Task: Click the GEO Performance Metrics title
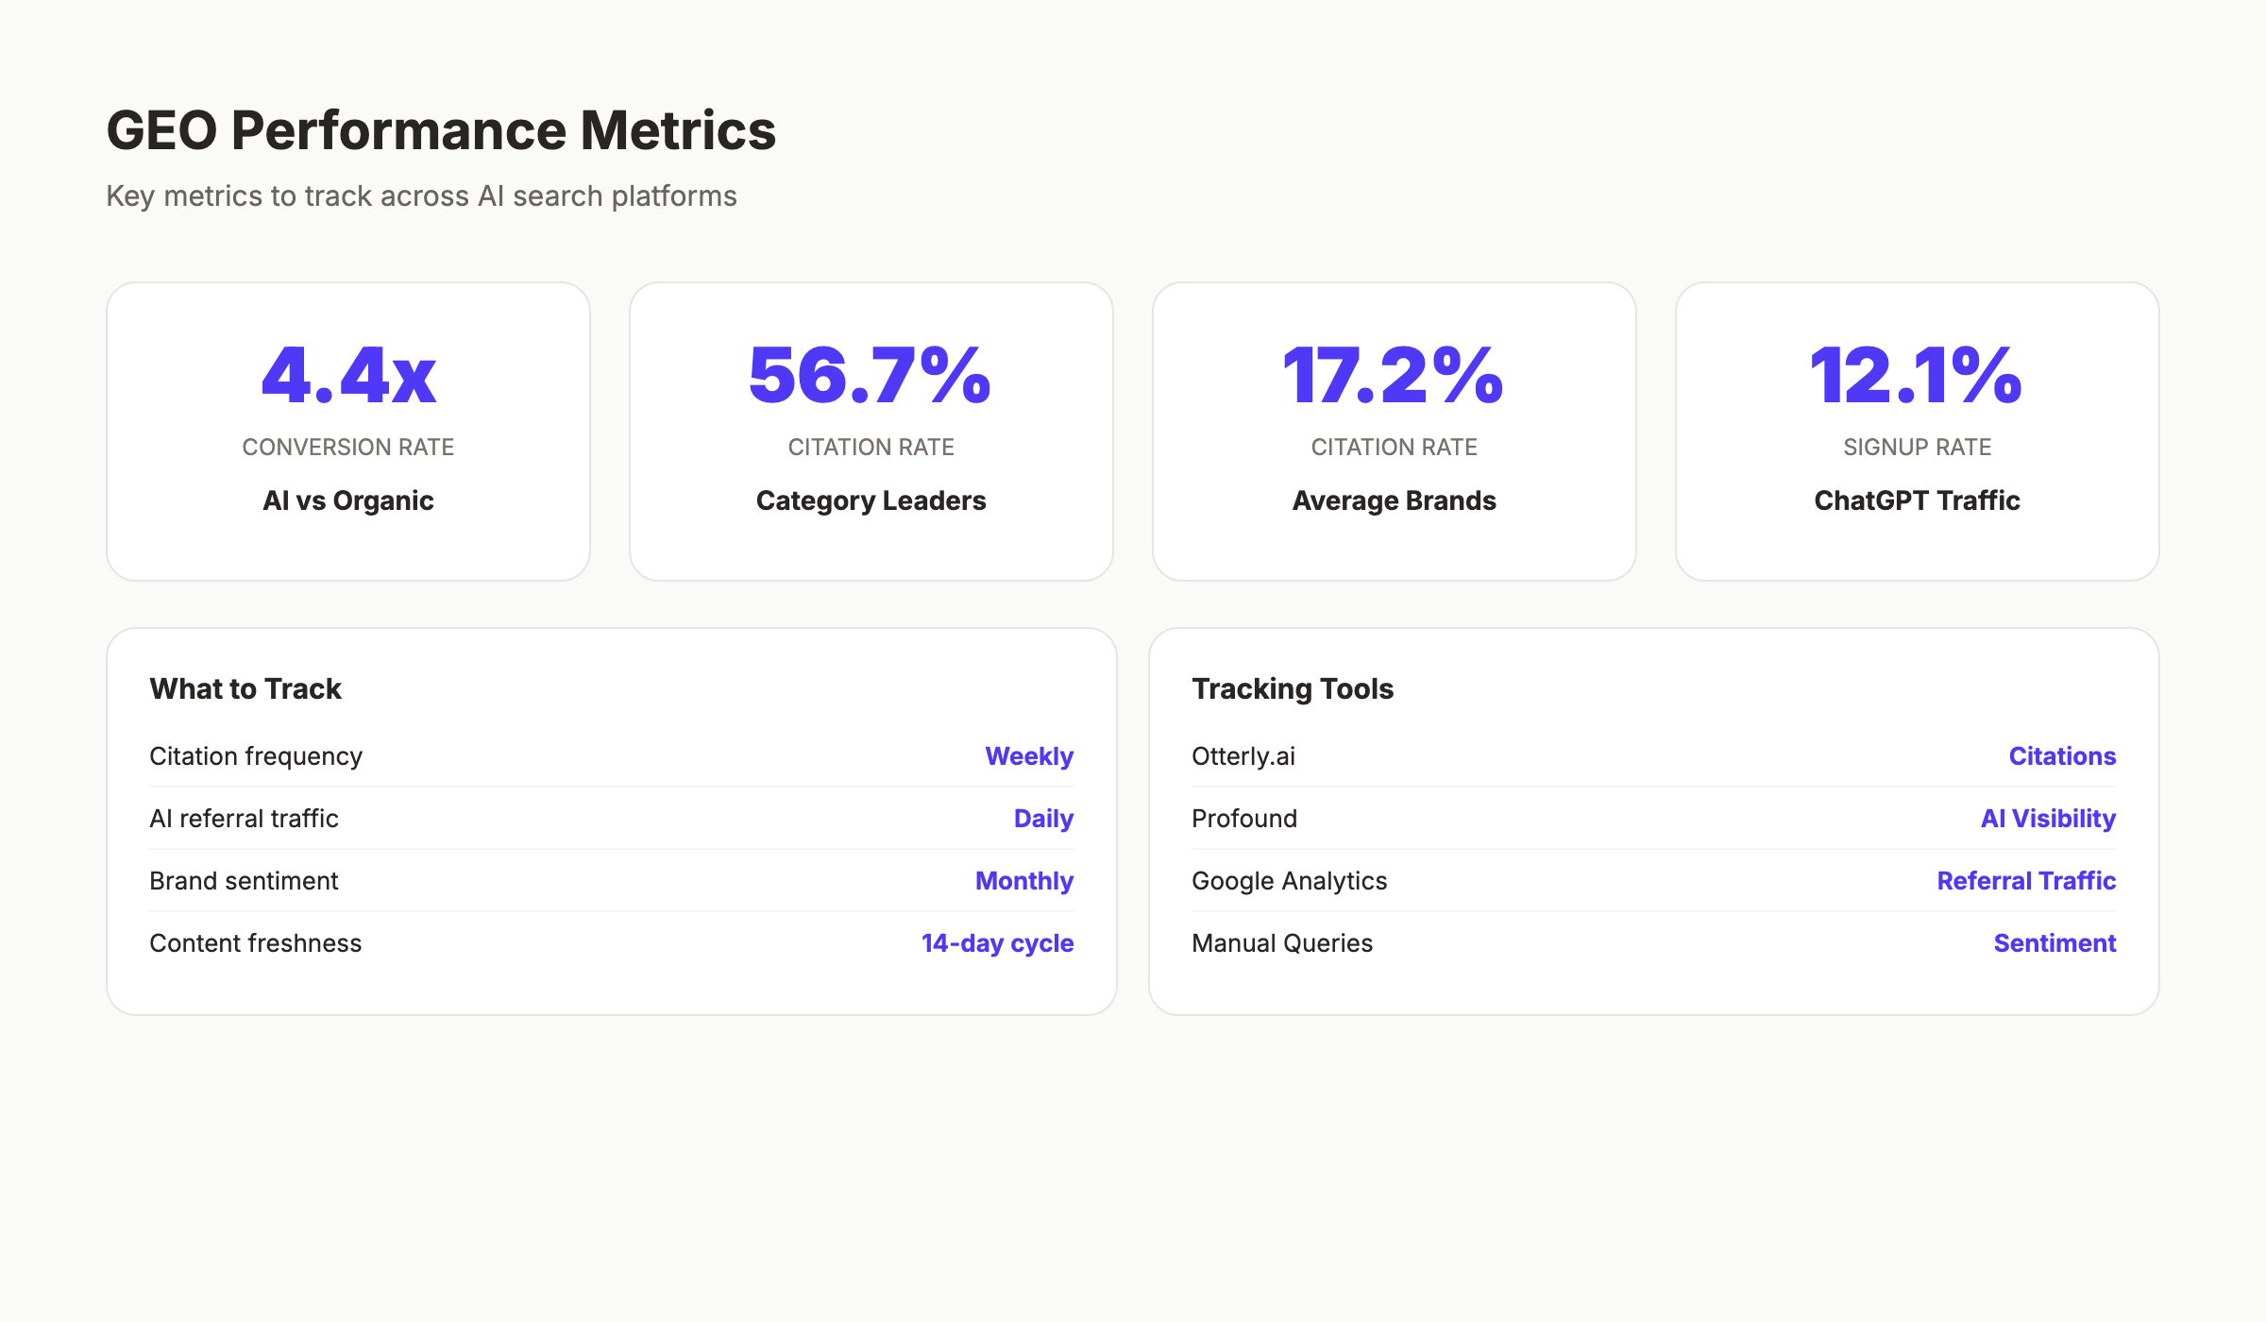click(441, 130)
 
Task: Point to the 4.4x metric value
click(348, 376)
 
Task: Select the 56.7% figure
click(871, 376)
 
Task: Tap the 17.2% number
click(1394, 376)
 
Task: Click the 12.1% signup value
click(1917, 376)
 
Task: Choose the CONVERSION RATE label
click(348, 447)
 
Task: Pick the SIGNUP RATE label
click(1917, 447)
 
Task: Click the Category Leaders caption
click(871, 500)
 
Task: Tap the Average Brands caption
click(1394, 500)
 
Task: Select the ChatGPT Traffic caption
click(1917, 500)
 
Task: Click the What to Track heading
click(245, 688)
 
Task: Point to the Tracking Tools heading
click(1293, 688)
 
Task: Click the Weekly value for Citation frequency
click(1029, 756)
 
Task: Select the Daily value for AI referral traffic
click(1043, 819)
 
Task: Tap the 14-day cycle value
click(997, 943)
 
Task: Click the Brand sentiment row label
click(244, 881)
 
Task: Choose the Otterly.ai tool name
click(1243, 756)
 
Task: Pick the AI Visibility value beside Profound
click(2048, 819)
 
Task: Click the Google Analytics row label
click(1289, 881)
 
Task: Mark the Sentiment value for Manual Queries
click(2055, 943)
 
